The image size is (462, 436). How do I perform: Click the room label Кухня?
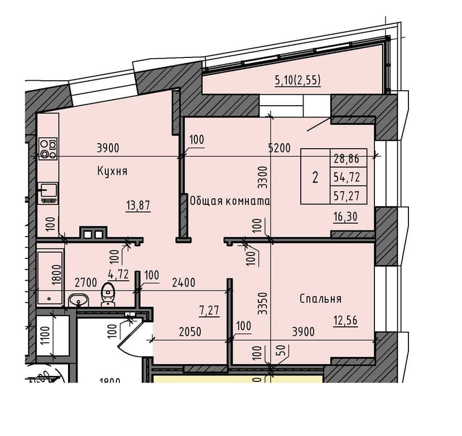tap(112, 172)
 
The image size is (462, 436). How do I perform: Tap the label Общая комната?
tap(230, 201)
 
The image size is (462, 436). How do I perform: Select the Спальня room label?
tap(320, 299)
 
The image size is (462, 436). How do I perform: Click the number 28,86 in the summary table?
tap(346, 159)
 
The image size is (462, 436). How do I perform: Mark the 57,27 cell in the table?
tap(346, 195)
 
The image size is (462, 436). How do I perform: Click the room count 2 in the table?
tap(315, 178)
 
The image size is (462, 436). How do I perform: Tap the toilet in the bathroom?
tap(108, 295)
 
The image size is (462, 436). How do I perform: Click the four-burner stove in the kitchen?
tap(47, 149)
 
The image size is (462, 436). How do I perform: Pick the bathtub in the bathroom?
tap(50, 277)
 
